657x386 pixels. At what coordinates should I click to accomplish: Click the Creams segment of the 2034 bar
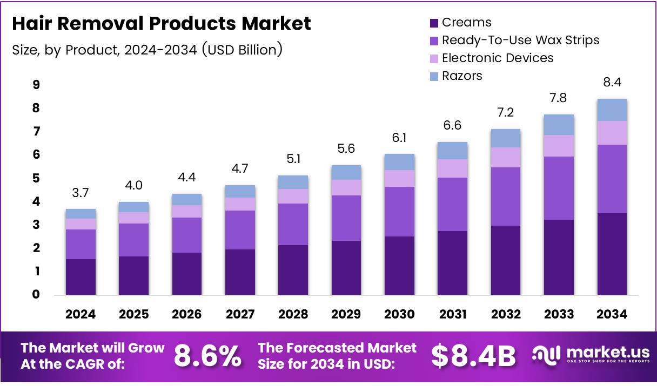[612, 254]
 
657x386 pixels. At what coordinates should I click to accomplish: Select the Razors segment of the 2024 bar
[81, 214]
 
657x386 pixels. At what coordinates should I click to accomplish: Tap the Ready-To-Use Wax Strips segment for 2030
[399, 212]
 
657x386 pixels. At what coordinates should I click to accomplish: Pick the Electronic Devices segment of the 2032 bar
[506, 157]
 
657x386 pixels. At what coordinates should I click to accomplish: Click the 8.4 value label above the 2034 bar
[612, 83]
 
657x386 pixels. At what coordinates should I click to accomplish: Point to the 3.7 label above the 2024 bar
[81, 193]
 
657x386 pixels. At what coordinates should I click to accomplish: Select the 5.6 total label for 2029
[346, 148]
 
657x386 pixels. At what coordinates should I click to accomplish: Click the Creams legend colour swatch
[434, 23]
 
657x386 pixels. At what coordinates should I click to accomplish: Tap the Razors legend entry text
[461, 76]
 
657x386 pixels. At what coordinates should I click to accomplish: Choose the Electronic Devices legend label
[498, 58]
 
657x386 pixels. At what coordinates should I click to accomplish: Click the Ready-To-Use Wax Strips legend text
[520, 40]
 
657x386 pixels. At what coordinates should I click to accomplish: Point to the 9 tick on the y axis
[36, 85]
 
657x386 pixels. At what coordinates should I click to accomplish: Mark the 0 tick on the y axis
[36, 295]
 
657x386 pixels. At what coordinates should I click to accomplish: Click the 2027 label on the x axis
[240, 314]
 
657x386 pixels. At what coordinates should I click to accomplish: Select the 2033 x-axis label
[559, 314]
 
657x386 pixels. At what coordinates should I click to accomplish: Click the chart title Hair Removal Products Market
[162, 24]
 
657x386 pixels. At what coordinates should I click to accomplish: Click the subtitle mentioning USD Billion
[147, 50]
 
